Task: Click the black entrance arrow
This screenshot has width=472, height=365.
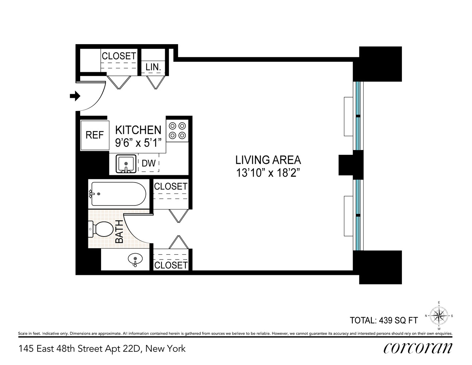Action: click(x=75, y=96)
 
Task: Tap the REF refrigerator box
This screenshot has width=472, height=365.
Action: click(x=94, y=135)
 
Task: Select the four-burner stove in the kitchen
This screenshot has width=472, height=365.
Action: click(x=177, y=131)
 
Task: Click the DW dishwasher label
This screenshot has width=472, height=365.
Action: click(x=148, y=164)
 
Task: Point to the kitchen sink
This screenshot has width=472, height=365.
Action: click(x=126, y=164)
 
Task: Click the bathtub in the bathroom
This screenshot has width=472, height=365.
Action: click(x=118, y=194)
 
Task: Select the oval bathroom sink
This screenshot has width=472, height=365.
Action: click(x=135, y=260)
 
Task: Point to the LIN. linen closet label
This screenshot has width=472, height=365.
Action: click(x=153, y=67)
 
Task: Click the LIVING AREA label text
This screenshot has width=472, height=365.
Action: click(x=268, y=160)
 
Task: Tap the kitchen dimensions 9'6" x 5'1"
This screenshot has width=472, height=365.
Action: click(x=138, y=143)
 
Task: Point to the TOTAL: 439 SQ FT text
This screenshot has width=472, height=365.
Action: click(x=384, y=320)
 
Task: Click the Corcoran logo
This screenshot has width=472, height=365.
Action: click(x=418, y=348)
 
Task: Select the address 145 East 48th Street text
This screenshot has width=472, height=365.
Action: click(x=102, y=349)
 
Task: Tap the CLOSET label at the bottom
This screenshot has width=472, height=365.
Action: click(x=171, y=265)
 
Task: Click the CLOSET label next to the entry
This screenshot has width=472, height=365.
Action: click(x=119, y=56)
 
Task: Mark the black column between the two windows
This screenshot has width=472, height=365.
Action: click(x=351, y=165)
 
